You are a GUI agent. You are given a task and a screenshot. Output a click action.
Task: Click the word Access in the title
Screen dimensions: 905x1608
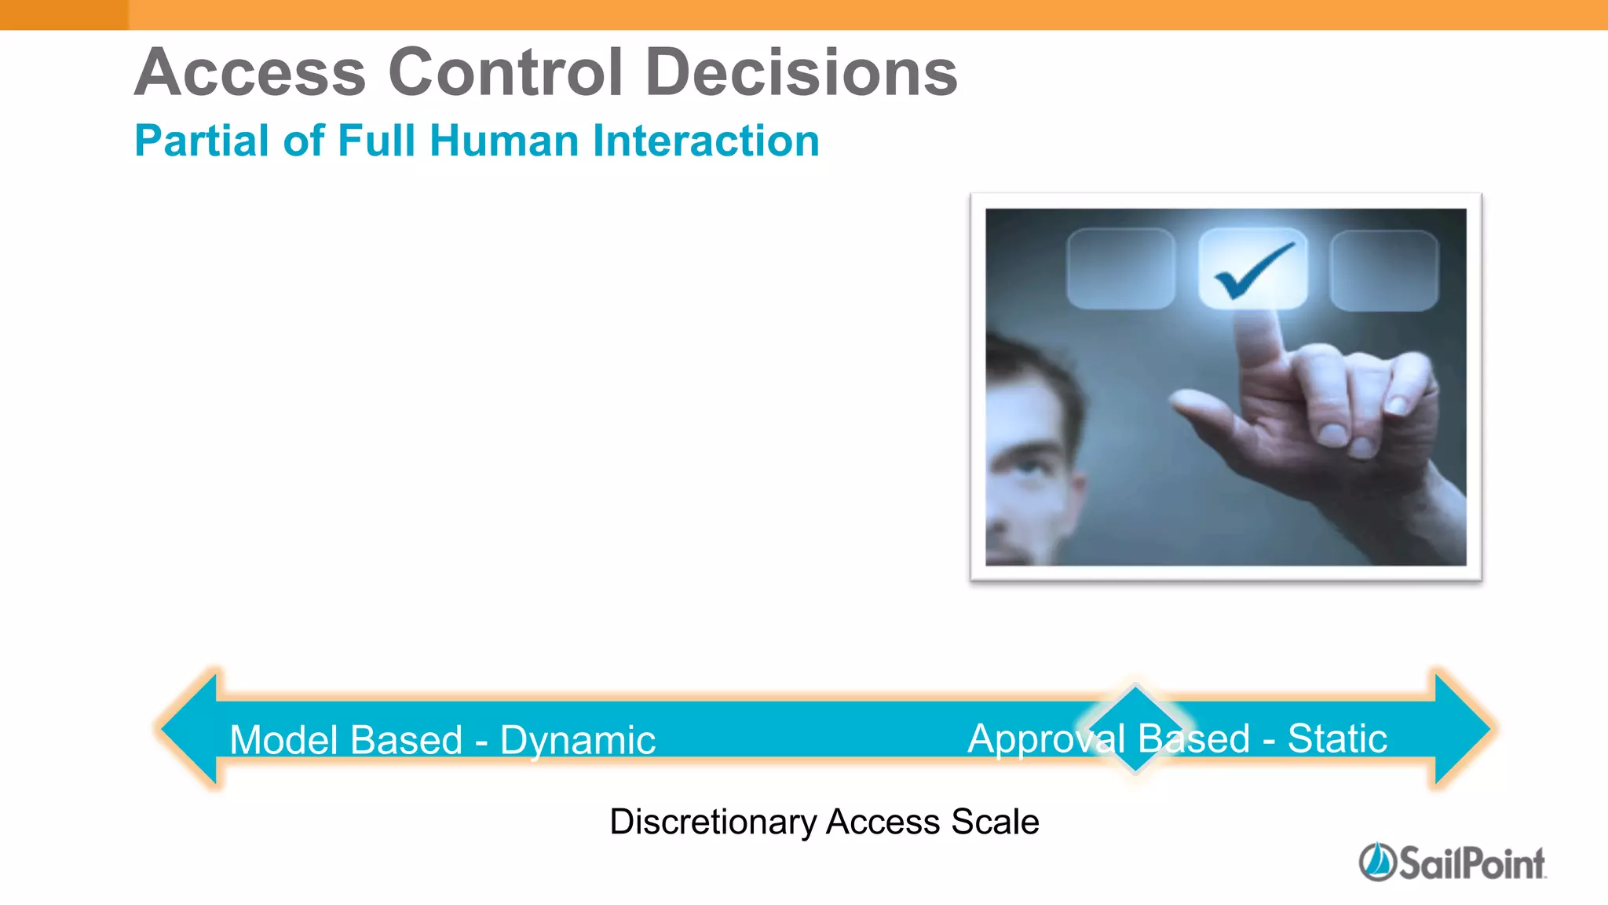[x=250, y=72]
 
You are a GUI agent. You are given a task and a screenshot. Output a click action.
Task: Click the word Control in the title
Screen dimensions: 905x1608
[x=506, y=72]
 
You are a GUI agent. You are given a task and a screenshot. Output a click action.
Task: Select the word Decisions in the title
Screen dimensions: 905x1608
[x=801, y=72]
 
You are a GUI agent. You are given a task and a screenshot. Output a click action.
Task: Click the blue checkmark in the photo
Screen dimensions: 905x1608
[x=1253, y=270]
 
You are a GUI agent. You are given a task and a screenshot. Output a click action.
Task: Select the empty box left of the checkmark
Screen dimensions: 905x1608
[x=1120, y=269]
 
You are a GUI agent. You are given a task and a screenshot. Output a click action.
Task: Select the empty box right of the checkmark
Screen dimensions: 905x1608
[x=1384, y=270]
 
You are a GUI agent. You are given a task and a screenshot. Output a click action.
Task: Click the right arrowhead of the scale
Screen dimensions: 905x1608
[x=1461, y=729]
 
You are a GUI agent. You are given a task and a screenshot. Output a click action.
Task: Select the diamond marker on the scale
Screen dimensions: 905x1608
[x=1135, y=729]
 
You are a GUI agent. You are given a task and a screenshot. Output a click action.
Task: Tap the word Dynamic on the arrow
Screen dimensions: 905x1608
[x=577, y=741]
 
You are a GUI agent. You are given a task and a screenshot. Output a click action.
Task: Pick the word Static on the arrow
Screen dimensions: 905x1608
[x=1337, y=739]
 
